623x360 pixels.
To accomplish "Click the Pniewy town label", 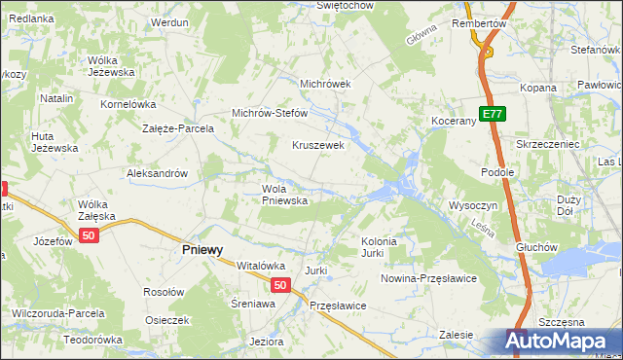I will point(202,249).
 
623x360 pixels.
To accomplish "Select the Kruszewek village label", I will point(318,145).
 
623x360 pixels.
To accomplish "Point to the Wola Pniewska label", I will point(284,195).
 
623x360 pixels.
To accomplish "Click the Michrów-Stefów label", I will point(269,113).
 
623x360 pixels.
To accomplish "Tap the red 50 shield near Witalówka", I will point(279,285).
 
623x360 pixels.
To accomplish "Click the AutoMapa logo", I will point(559,342).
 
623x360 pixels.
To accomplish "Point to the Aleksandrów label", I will point(157,173).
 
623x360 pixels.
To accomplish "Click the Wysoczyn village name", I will point(473,205).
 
